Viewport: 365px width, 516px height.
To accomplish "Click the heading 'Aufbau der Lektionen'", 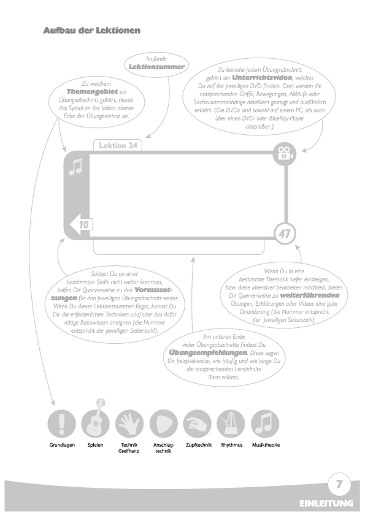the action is point(91,31).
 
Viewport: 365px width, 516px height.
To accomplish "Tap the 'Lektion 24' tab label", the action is point(118,145).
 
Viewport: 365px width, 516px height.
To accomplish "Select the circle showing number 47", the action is point(285,233).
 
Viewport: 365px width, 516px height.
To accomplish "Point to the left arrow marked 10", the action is point(81,224).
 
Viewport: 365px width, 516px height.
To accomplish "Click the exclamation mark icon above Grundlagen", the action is point(61,423).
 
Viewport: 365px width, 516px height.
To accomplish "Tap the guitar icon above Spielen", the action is point(95,421).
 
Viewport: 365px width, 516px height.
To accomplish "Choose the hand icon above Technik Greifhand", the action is point(129,423).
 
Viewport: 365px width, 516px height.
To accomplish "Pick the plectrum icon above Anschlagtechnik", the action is point(163,423).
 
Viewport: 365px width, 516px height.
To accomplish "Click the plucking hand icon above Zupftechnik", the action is point(198,423).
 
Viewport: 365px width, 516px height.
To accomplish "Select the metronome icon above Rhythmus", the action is point(231,423).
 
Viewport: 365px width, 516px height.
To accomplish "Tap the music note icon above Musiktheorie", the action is point(265,423).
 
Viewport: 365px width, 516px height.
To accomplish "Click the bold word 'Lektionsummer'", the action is point(156,67).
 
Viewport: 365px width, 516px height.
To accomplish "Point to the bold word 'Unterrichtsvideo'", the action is point(262,78).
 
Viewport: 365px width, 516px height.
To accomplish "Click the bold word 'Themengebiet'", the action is point(92,91).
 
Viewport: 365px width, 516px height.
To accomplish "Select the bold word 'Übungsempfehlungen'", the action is point(208,353).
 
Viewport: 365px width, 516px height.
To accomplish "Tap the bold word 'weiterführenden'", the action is point(309,295).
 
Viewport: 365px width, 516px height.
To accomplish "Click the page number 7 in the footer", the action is point(339,484).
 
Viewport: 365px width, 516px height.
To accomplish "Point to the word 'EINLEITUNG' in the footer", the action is point(326,504).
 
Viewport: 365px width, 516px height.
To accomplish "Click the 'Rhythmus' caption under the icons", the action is point(232,445).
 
